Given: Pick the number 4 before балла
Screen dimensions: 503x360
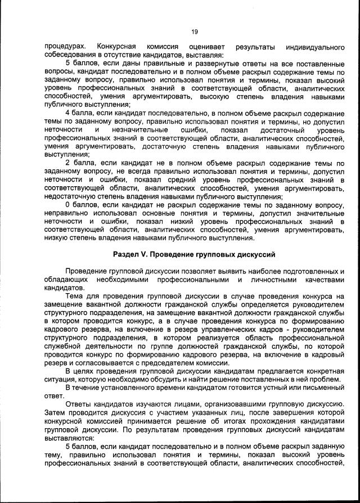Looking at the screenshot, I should [x=68, y=113].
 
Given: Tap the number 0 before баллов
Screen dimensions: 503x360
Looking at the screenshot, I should [x=68, y=205].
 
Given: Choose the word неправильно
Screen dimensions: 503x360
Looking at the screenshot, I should [x=67, y=213].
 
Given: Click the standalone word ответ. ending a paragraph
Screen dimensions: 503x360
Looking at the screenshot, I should [x=55, y=396].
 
